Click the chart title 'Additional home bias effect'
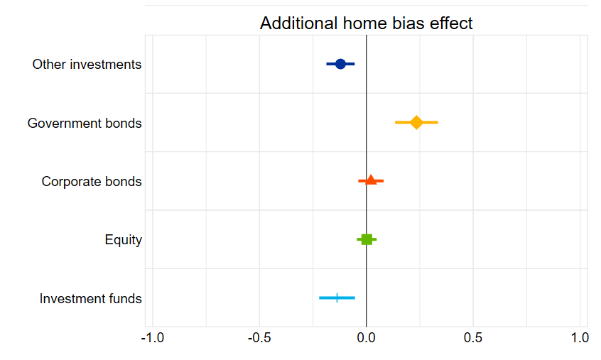[x=366, y=23]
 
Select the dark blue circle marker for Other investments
[x=340, y=64]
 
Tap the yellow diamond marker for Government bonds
[x=416, y=123]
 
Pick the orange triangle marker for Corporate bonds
[x=371, y=180]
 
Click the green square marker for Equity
[x=367, y=239]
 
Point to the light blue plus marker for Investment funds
[x=337, y=298]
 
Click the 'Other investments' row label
[x=87, y=65]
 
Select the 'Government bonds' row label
[x=85, y=124]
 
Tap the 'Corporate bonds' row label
[x=92, y=182]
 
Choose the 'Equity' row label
[x=123, y=240]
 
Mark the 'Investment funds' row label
[x=90, y=299]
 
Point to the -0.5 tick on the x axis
[x=259, y=337]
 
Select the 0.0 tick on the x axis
[x=366, y=337]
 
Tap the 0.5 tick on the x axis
[x=473, y=337]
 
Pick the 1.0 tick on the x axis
[x=580, y=337]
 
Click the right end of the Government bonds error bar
[x=437, y=123]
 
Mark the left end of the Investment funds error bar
[x=320, y=298]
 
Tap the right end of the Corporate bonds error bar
[x=382, y=181]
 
